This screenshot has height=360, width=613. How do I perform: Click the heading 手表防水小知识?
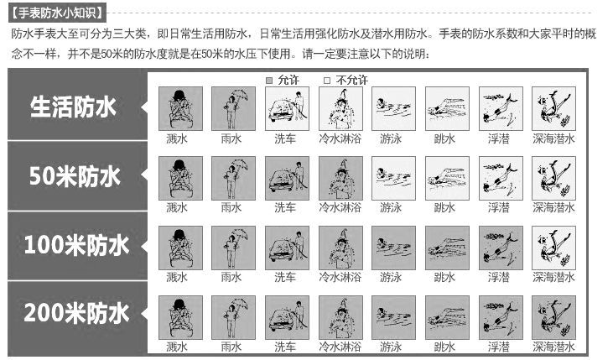point(57,13)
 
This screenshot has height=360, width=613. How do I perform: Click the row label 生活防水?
point(73,107)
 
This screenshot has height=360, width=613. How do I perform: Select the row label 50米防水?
point(75,175)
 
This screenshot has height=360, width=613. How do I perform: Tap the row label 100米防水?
point(76,245)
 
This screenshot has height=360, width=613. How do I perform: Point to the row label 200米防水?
point(76,313)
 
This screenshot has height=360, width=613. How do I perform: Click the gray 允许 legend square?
point(269,81)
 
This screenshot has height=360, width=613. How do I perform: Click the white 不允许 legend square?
point(327,81)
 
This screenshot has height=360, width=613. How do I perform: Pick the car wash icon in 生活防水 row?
point(287,109)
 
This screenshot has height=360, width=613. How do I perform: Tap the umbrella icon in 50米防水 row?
point(233,179)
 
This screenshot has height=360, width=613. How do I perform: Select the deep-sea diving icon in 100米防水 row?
point(553,248)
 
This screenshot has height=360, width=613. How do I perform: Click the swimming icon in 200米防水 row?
point(393,318)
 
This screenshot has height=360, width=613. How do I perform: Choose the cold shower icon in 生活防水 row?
point(340,109)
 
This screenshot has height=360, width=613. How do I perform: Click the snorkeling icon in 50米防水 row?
point(501,179)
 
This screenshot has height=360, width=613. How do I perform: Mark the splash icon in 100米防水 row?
point(180,248)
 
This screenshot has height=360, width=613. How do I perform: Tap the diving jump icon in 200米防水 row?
point(447,318)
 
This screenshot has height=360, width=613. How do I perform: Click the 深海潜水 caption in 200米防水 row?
point(553,347)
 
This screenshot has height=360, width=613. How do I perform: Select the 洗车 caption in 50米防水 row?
point(285,207)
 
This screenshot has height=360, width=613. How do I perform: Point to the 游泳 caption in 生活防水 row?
point(391,138)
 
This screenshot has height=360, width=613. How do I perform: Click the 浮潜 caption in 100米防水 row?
point(498,277)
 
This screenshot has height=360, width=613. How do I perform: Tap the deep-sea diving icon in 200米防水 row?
point(553,318)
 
